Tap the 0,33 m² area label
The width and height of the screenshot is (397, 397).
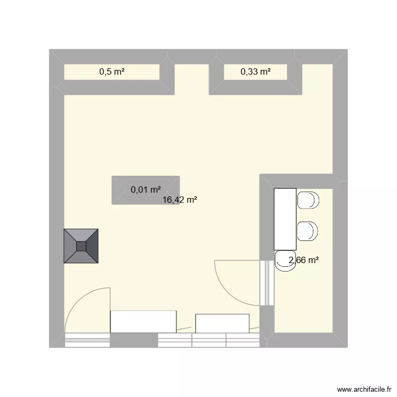(256, 72)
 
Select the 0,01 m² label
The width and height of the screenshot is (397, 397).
(146, 190)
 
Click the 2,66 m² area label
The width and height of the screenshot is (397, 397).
(304, 260)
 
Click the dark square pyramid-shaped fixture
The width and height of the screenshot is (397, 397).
(82, 246)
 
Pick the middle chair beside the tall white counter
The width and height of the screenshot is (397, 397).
(308, 231)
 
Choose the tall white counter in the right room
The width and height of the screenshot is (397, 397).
(284, 219)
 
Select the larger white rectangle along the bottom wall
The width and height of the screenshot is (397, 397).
(143, 321)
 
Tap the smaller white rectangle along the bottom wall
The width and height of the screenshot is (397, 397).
(222, 323)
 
